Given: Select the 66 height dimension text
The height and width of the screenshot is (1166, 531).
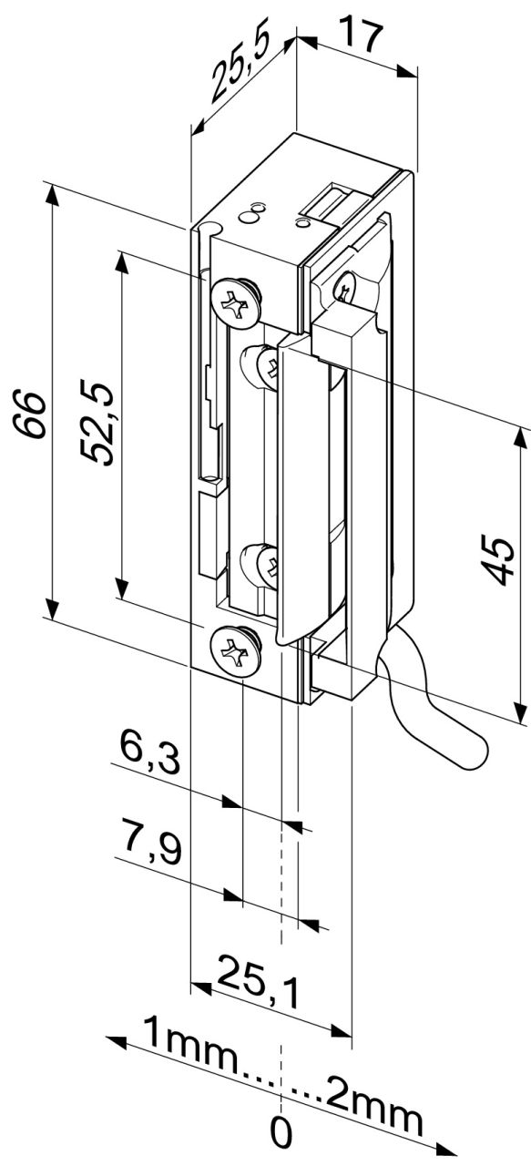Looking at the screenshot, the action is tap(29, 414).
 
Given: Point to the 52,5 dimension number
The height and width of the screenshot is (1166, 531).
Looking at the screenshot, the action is tap(97, 424).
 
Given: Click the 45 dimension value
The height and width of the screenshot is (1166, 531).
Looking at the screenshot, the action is tap(497, 560).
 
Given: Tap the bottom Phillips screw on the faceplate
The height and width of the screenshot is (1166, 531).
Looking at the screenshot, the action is tap(236, 651).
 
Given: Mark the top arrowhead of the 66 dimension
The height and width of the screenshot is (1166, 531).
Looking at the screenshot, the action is tap(52, 194).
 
